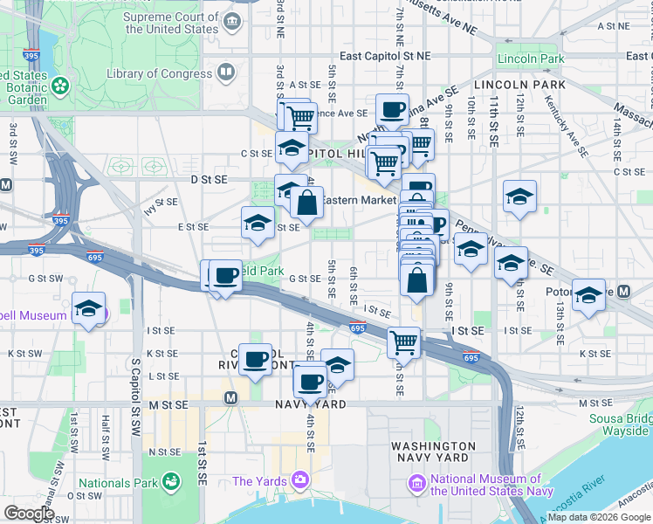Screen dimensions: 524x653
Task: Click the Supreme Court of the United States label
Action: (170, 23)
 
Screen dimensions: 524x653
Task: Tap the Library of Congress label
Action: (159, 74)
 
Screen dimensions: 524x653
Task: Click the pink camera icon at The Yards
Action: (300, 479)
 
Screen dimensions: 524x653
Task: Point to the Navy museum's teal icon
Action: (417, 483)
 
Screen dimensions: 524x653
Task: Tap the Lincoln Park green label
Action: (531, 59)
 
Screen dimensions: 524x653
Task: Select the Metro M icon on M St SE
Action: (230, 398)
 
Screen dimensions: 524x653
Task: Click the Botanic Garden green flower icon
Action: (59, 86)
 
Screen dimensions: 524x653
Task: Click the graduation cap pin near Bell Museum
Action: (88, 309)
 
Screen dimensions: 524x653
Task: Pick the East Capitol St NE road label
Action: (385, 56)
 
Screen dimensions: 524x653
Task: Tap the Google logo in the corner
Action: (29, 514)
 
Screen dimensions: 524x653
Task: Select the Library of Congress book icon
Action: (226, 72)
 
